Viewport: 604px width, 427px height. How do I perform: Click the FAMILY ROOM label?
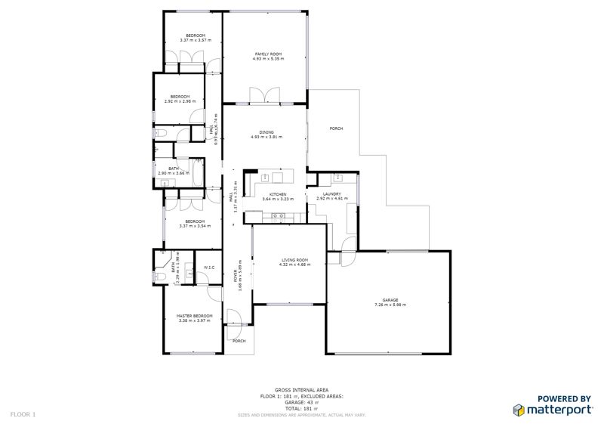(x=267, y=54)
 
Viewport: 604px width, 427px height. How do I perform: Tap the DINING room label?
(x=267, y=132)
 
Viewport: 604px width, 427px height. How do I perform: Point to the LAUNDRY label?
(x=332, y=194)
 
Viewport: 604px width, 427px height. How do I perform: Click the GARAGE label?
(x=390, y=300)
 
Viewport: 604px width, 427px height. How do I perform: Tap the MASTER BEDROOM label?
(x=194, y=316)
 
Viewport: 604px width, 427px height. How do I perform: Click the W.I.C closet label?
(x=210, y=268)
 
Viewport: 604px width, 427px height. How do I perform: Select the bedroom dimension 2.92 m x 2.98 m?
(x=180, y=101)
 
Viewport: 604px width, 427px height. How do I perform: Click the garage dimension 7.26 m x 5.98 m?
(x=390, y=305)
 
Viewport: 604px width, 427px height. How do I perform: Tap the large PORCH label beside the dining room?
(x=337, y=129)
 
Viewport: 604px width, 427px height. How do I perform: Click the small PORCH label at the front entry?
(x=239, y=341)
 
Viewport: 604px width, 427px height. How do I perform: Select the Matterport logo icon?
(x=519, y=410)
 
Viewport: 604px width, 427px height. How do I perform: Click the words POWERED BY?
(x=564, y=398)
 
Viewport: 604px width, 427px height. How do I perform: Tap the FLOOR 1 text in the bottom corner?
(x=23, y=414)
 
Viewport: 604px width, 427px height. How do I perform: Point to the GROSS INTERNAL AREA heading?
(x=301, y=391)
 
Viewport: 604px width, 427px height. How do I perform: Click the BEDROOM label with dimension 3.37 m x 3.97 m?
(x=195, y=36)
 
